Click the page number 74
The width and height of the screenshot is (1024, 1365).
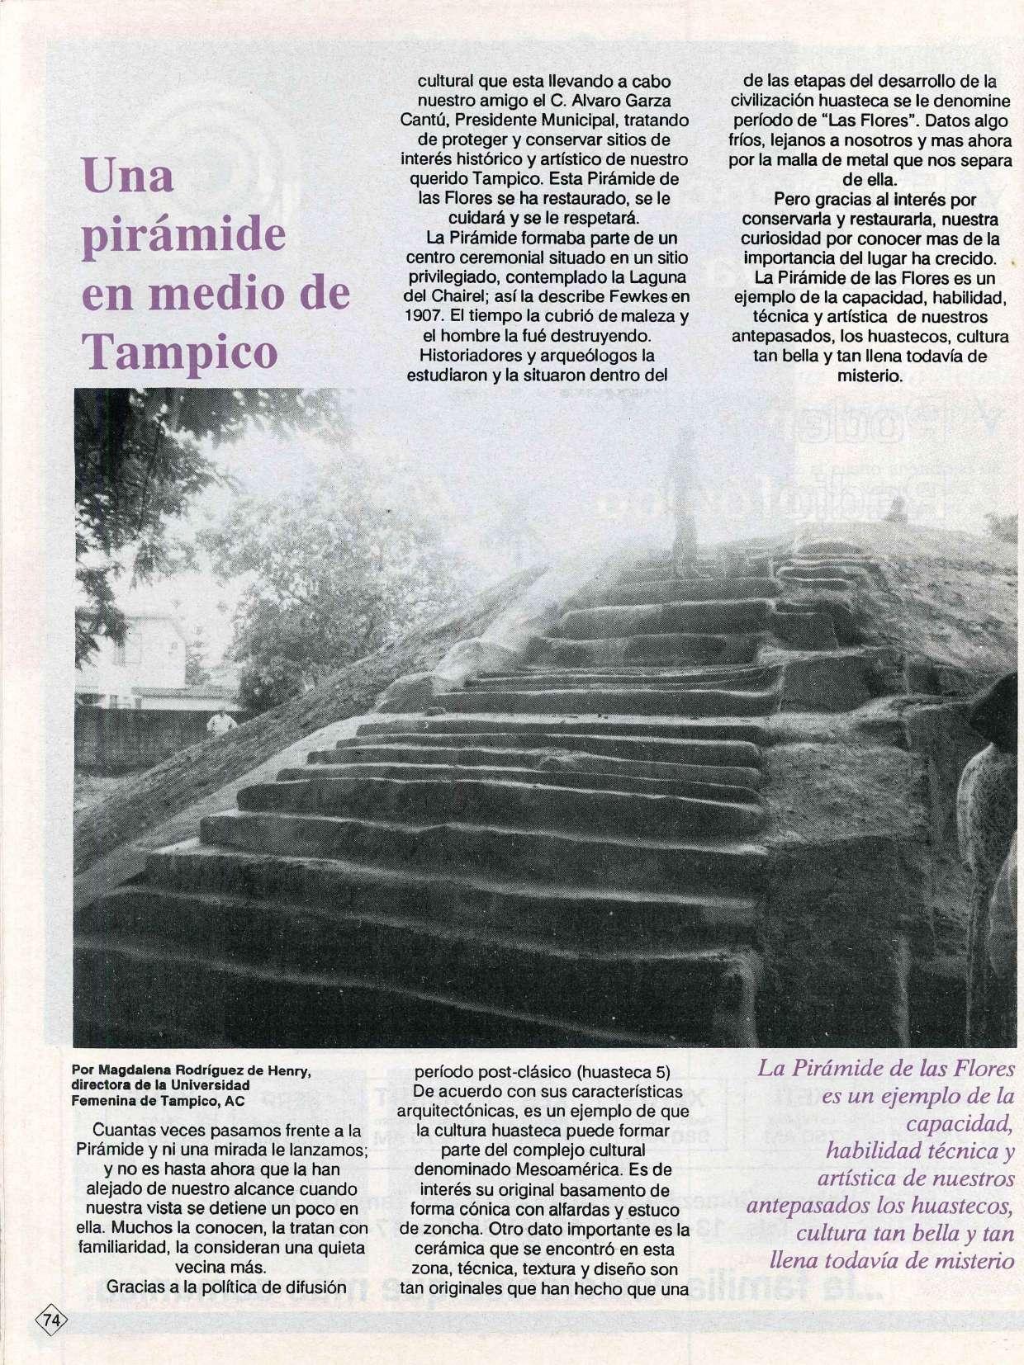tap(51, 1320)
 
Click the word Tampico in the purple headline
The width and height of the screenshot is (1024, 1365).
tap(180, 352)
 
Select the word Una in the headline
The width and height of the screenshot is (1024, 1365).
tap(128, 176)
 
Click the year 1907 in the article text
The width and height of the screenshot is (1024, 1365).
tap(424, 316)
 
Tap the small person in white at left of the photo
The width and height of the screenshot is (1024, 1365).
tap(220, 724)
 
